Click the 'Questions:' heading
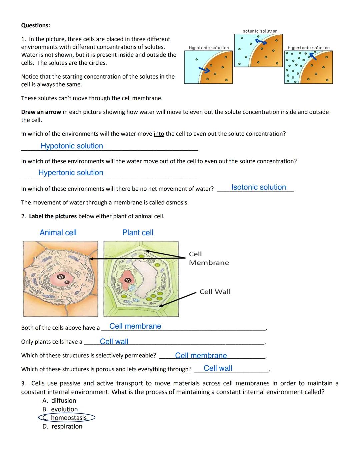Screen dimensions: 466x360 pyautogui.click(x=36, y=25)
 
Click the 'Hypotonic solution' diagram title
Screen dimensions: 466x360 pyautogui.click(x=209, y=48)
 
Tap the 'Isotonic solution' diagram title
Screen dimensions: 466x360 pyautogui.click(x=259, y=31)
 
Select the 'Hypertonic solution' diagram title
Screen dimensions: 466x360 pyautogui.click(x=308, y=48)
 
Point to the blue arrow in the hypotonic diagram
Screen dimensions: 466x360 pyautogui.click(x=204, y=70)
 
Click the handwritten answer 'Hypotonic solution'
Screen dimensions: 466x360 pyautogui.click(x=72, y=146)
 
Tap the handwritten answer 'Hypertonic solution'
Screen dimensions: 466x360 pyautogui.click(x=71, y=173)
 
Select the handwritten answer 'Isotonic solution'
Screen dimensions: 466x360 pyautogui.click(x=259, y=187)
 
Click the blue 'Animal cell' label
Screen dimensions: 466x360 pyautogui.click(x=58, y=233)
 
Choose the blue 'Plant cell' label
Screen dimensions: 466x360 pyautogui.click(x=138, y=233)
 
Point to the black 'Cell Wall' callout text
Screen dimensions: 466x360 pyautogui.click(x=215, y=292)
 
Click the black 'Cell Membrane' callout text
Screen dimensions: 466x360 pyautogui.click(x=209, y=258)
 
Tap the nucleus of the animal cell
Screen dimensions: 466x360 pyautogui.click(x=61, y=277)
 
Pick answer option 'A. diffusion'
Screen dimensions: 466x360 pyautogui.click(x=59, y=401)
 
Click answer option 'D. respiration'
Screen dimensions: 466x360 pyautogui.click(x=62, y=426)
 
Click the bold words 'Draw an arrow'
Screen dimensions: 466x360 pyautogui.click(x=41, y=112)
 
